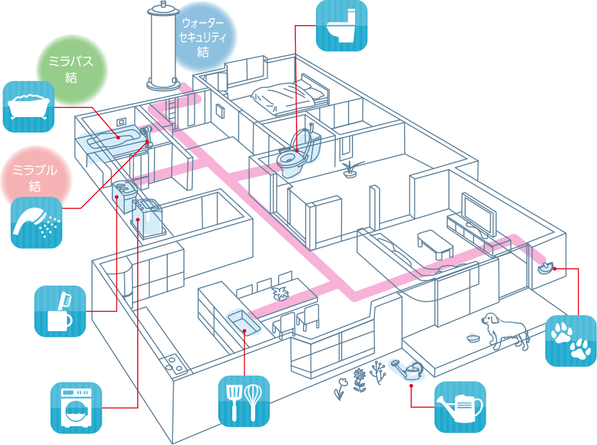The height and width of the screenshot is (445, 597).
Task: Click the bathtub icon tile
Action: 29,107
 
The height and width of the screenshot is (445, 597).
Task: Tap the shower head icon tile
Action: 37,222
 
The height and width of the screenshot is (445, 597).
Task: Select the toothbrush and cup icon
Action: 60,311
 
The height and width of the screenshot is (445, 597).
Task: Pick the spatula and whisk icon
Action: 244,401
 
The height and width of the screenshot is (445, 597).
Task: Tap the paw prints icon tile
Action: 571,341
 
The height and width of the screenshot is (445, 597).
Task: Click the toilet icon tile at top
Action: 342,26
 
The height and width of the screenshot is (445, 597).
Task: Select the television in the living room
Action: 479,215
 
